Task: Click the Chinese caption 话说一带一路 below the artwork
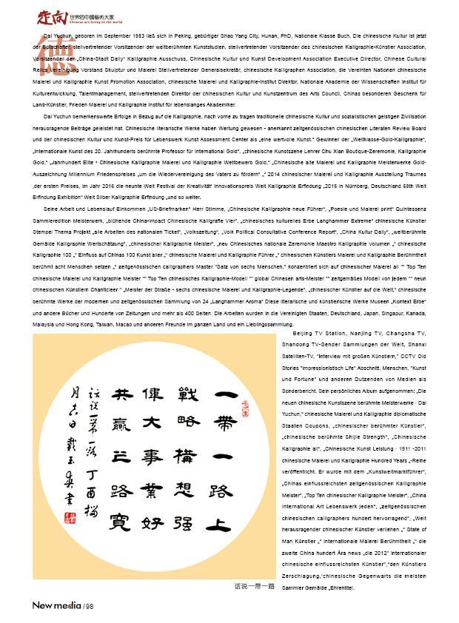[x=254, y=586]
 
